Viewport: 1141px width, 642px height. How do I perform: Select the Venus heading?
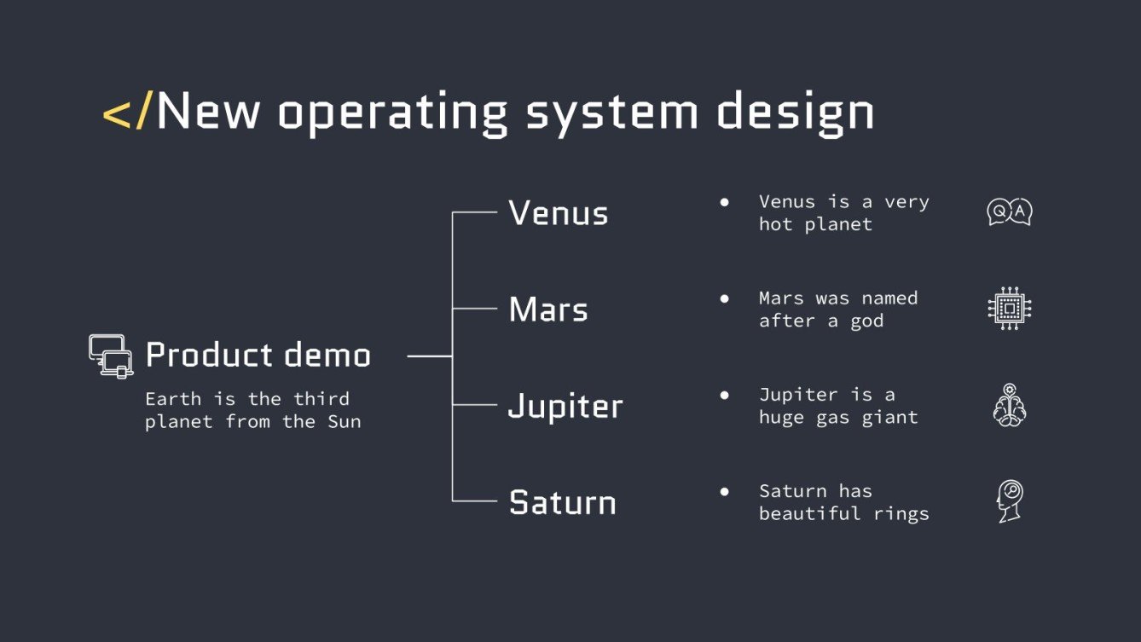(x=559, y=213)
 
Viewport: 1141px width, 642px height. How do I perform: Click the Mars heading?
(x=548, y=309)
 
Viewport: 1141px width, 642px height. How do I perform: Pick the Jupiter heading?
(x=565, y=407)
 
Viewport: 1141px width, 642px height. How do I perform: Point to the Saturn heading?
(x=562, y=502)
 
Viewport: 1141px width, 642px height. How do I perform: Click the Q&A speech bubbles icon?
(x=1009, y=212)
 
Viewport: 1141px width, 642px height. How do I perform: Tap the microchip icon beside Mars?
(x=1010, y=309)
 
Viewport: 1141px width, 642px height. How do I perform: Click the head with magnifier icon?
(x=1010, y=501)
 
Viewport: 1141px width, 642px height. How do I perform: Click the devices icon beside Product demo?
(x=112, y=356)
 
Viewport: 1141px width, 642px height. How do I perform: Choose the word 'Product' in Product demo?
(x=201, y=355)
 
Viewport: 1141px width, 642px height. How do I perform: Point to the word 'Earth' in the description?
(x=173, y=399)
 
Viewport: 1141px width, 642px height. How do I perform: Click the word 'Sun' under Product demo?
(x=345, y=421)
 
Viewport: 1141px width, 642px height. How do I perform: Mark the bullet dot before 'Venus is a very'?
(x=725, y=202)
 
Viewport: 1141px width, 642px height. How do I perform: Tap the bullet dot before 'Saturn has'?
(x=725, y=491)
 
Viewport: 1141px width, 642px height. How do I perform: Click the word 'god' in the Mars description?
(x=866, y=321)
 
